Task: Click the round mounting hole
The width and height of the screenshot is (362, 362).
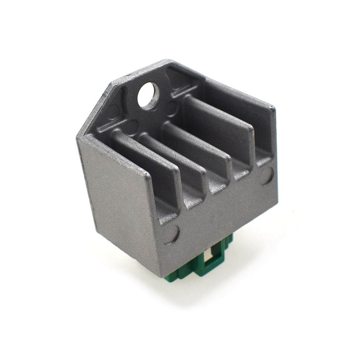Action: [148, 95]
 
